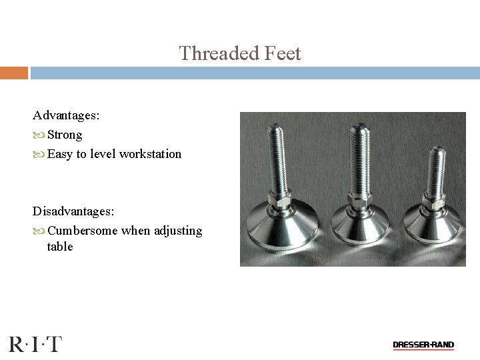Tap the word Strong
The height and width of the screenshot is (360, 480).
(x=65, y=135)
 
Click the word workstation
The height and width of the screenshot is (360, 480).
(x=151, y=154)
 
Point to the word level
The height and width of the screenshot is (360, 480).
(x=103, y=154)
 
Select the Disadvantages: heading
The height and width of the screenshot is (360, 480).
(x=73, y=211)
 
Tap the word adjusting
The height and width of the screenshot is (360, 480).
(x=177, y=231)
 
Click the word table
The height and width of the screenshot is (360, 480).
(x=60, y=247)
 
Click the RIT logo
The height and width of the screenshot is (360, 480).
(x=35, y=344)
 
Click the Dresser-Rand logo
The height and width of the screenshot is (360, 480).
(x=423, y=345)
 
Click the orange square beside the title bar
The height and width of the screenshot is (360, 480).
(x=13, y=72)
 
